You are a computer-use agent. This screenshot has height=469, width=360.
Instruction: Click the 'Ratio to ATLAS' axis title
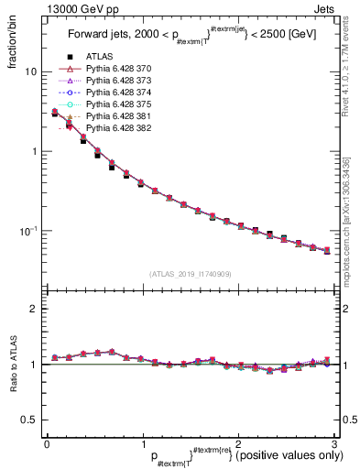pos(12,366)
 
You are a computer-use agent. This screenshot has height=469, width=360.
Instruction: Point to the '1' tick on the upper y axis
pos(34,151)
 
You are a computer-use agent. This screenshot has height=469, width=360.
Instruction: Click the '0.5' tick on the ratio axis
pos(28,420)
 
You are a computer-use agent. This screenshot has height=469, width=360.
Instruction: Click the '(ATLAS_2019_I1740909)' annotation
pos(189,274)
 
